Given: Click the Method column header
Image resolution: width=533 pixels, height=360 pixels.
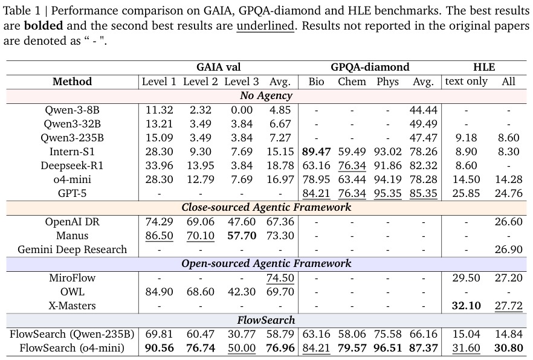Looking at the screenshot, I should [x=72, y=82].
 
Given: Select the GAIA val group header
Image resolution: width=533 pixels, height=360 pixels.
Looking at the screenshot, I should [x=218, y=67].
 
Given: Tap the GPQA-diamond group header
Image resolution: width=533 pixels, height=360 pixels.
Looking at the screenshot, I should [x=370, y=67].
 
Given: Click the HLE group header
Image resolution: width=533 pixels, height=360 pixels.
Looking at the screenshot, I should [x=483, y=67].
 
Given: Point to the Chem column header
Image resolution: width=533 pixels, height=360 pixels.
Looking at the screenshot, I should [x=352, y=82].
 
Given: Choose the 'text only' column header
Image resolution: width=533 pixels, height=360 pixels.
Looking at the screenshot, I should [x=466, y=82].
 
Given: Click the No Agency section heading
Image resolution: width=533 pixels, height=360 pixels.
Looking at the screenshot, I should [x=266, y=95].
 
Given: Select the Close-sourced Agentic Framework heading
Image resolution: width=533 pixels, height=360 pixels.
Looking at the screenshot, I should [x=266, y=207].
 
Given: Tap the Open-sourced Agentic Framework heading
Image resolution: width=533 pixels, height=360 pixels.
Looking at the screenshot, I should [x=266, y=263].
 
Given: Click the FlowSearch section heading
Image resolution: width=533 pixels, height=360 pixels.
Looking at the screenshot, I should [x=266, y=320].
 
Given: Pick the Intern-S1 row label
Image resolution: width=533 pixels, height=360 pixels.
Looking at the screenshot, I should [x=72, y=152].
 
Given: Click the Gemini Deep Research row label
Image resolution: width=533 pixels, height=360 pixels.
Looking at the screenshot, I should [x=72, y=249].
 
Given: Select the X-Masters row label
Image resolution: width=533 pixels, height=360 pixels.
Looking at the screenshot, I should [x=72, y=306].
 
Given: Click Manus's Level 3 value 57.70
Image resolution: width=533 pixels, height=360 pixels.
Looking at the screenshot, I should [x=242, y=236].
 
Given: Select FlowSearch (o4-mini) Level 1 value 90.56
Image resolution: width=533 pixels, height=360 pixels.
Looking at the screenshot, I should [x=160, y=348].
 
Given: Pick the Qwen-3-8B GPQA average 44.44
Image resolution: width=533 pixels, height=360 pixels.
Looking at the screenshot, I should [x=423, y=110].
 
